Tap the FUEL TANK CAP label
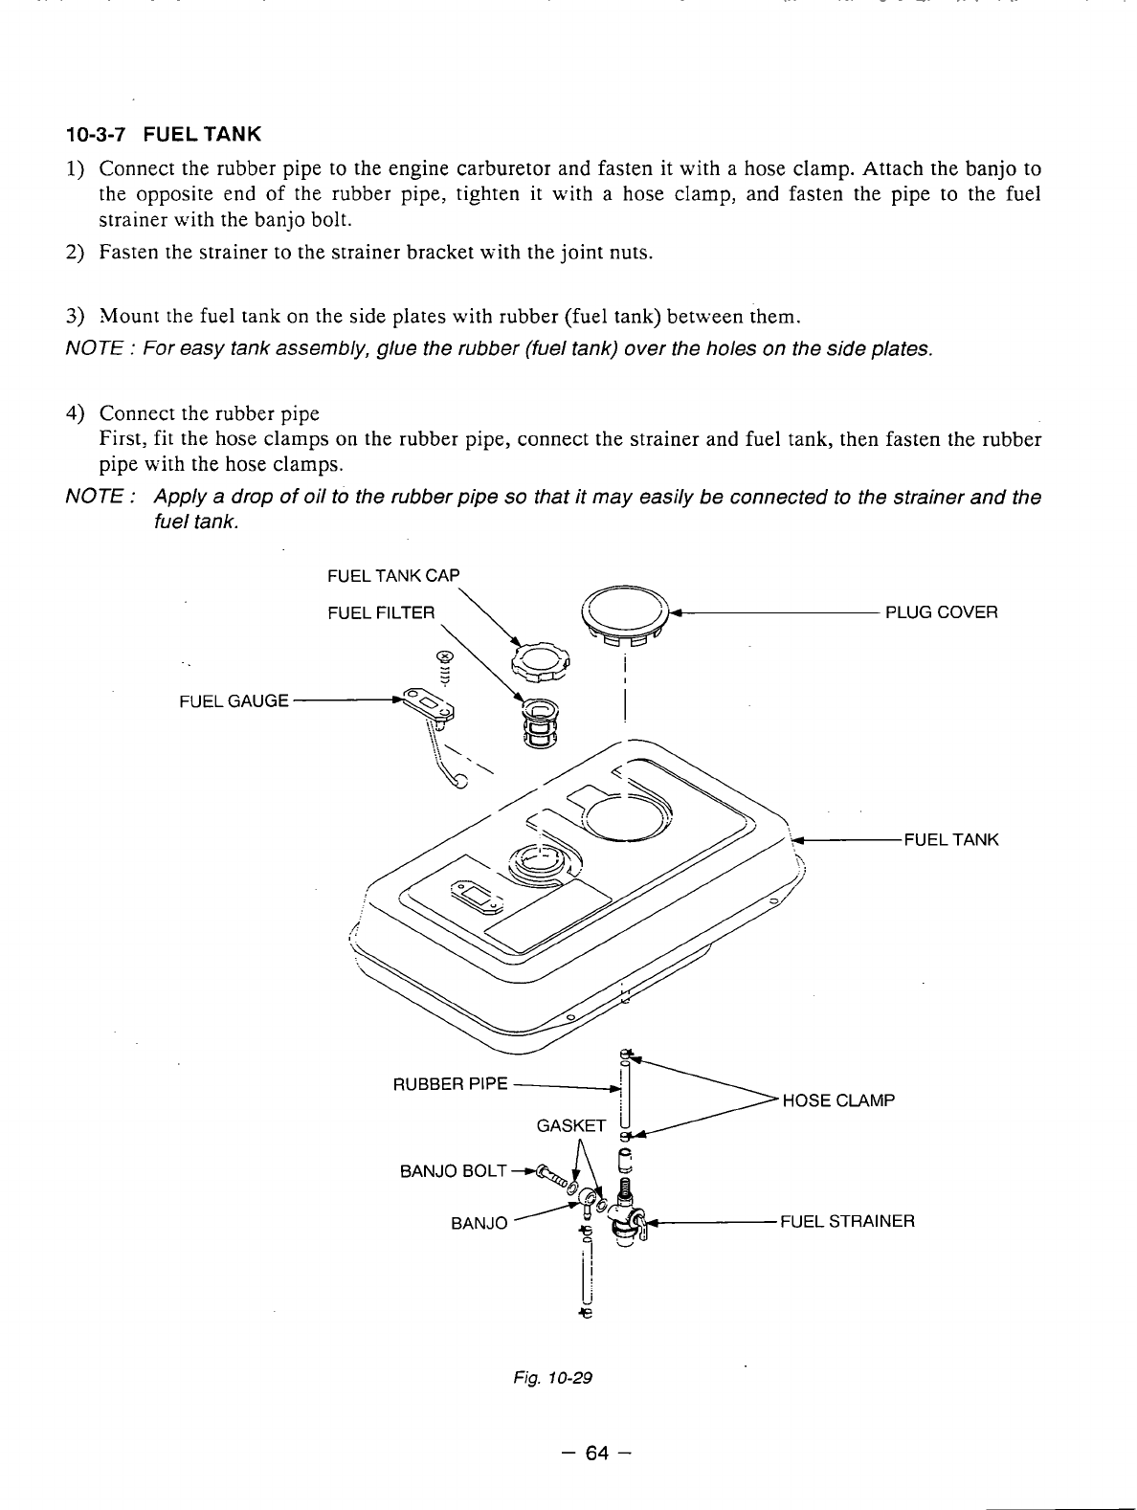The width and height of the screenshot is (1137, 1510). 392,575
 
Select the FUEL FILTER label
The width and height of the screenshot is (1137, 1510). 381,612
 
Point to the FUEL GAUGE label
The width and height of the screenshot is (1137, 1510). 234,700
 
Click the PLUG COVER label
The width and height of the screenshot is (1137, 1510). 941,612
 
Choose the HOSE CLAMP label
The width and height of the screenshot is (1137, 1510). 838,1099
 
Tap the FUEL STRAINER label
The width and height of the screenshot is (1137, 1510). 847,1221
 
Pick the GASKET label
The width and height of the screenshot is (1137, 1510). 571,1125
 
